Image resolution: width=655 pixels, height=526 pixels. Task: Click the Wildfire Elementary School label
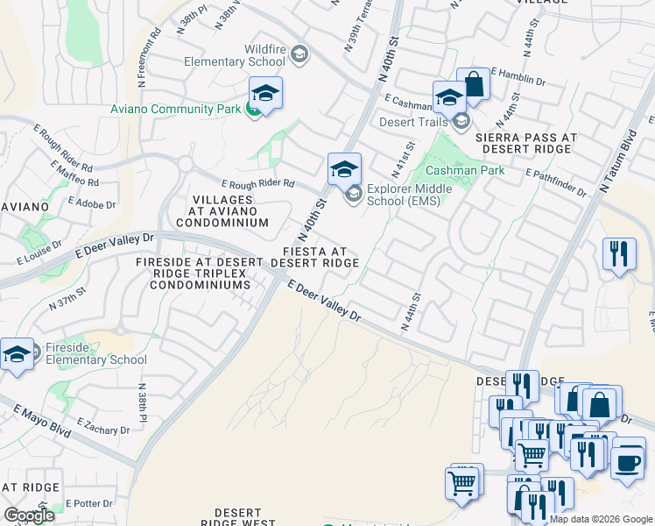click(233, 54)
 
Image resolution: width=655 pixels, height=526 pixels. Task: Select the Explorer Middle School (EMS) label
click(409, 194)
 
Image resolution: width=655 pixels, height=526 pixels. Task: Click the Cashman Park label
click(465, 170)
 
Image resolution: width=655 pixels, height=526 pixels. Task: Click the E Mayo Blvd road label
click(41, 420)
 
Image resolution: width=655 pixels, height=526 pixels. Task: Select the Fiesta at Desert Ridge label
click(315, 257)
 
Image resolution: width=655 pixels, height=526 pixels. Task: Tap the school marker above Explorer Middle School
click(345, 168)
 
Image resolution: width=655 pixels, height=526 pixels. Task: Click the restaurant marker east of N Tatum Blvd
click(619, 254)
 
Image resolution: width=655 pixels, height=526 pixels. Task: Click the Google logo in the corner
click(30, 515)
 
